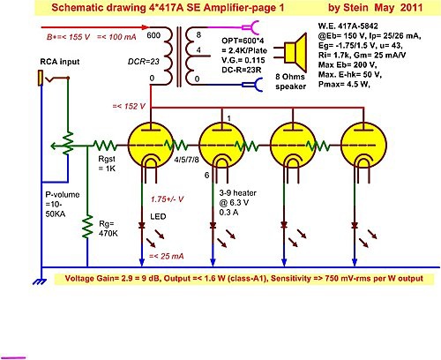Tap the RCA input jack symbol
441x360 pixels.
(x=41, y=78)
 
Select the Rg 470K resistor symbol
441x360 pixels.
(x=87, y=227)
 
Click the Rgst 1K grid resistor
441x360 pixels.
(x=105, y=146)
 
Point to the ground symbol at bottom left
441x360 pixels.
(x=40, y=281)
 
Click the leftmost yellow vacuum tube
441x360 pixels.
(x=151, y=146)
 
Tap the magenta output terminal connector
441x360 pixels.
(x=250, y=27)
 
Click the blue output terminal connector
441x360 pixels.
(x=252, y=85)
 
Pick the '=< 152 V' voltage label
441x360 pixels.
(x=129, y=106)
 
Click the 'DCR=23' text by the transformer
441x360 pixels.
(x=144, y=62)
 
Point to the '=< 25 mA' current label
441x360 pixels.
(x=167, y=256)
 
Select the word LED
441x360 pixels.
(x=158, y=217)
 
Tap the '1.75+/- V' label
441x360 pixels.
(x=167, y=199)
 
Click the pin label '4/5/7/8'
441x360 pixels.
(x=186, y=160)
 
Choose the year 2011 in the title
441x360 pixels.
(x=411, y=7)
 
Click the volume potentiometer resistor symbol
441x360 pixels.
(x=68, y=143)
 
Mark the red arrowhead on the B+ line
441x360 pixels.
(x=146, y=27)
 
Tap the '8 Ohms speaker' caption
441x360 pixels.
(x=290, y=81)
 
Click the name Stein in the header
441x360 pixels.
(x=355, y=7)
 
